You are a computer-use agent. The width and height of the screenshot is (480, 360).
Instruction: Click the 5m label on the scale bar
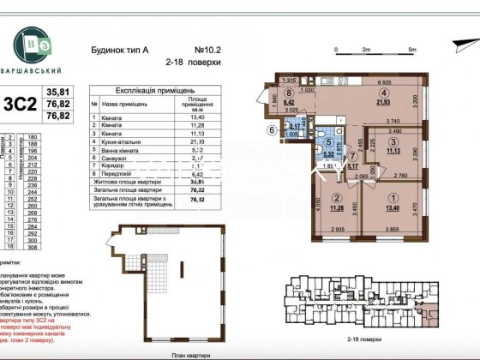pos(412,51)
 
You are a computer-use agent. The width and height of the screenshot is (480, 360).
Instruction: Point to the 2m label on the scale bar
pos(367,51)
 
